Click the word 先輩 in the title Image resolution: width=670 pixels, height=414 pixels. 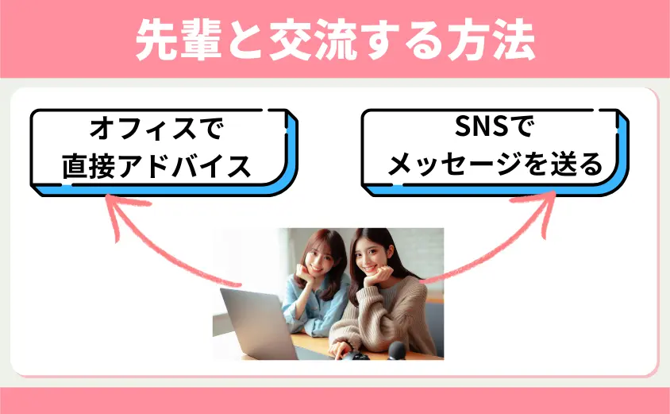(179, 40)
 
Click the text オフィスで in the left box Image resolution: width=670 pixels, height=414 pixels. (156, 129)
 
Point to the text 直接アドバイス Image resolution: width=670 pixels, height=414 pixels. (156, 166)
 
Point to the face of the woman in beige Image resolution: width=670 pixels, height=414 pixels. (369, 257)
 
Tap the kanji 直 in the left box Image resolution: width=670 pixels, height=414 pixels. (75, 166)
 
